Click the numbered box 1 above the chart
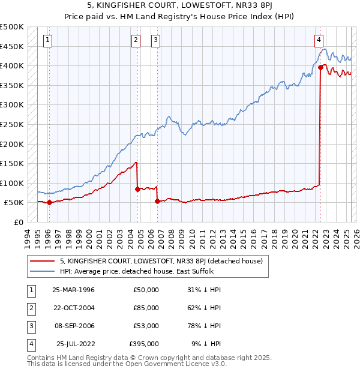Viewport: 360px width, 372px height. pyautogui.click(x=47, y=40)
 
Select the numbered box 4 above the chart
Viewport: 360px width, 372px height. pyautogui.click(x=319, y=40)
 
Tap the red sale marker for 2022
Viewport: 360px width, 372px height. pyautogui.click(x=320, y=68)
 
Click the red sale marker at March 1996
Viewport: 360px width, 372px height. pyautogui.click(x=49, y=203)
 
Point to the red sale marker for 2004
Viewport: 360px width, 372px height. pyautogui.click(x=137, y=189)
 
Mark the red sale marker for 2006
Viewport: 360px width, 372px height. pyautogui.click(x=157, y=202)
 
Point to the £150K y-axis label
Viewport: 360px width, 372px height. pyautogui.click(x=12, y=163)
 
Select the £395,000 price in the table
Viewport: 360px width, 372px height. pyautogui.click(x=144, y=344)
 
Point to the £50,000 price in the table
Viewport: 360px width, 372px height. pyautogui.click(x=146, y=289)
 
